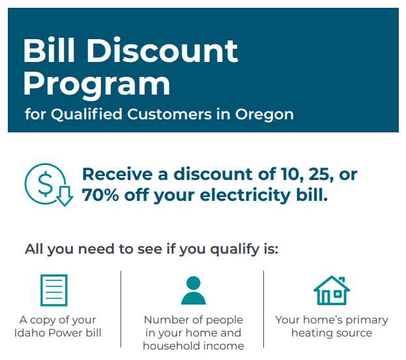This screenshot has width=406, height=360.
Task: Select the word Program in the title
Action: tap(96, 83)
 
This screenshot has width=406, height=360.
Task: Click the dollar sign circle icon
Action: tap(46, 183)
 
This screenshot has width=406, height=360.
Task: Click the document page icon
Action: tap(53, 290)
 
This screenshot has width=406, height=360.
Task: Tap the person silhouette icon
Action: tap(193, 290)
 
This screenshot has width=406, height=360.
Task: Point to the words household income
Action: tap(193, 346)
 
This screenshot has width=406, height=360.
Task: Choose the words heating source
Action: tap(332, 333)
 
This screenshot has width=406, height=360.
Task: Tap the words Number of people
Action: tap(193, 320)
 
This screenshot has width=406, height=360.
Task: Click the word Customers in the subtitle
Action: tap(168, 114)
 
